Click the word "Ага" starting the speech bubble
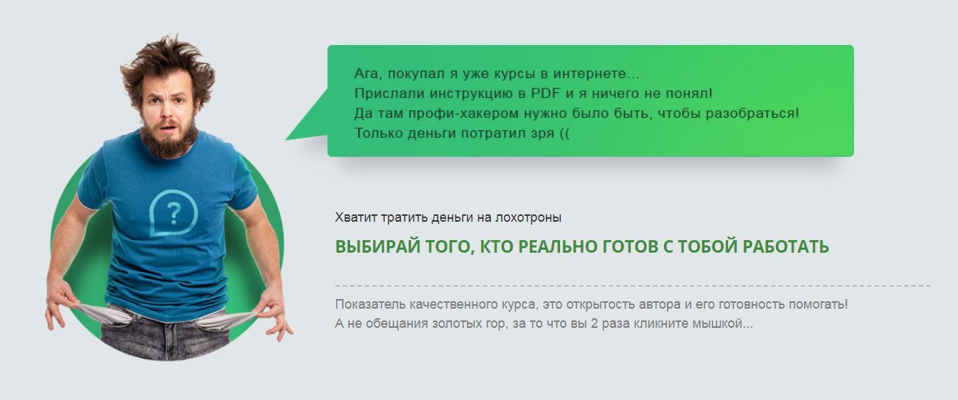367,74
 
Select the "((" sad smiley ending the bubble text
564,133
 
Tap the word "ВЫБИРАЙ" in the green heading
371,248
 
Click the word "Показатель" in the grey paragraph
369,304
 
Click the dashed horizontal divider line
632,285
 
